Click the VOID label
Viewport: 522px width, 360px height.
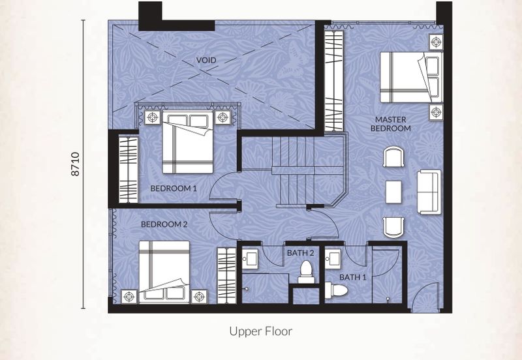pyautogui.click(x=206, y=60)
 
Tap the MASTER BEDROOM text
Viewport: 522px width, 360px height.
pyautogui.click(x=390, y=124)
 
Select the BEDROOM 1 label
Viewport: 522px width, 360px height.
pyautogui.click(x=174, y=188)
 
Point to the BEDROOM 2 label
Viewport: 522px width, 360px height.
pyautogui.click(x=164, y=224)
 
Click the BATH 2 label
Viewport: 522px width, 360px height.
pyautogui.click(x=300, y=253)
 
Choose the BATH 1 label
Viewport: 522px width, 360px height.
pyautogui.click(x=353, y=277)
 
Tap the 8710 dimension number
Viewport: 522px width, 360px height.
pyautogui.click(x=76, y=164)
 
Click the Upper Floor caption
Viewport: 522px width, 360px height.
pyautogui.click(x=260, y=331)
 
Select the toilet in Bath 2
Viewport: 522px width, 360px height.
pyautogui.click(x=306, y=272)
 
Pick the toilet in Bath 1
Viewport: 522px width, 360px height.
pyautogui.click(x=336, y=290)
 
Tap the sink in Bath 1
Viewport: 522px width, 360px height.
pyautogui.click(x=333, y=258)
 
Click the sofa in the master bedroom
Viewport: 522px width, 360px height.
pyautogui.click(x=429, y=192)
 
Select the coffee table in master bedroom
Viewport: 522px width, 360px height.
pyautogui.click(x=394, y=192)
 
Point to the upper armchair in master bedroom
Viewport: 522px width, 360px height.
pyautogui.click(x=393, y=157)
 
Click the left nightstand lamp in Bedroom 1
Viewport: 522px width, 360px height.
pyautogui.click(x=153, y=117)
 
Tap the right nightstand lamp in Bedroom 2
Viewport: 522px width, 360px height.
pyautogui.click(x=199, y=297)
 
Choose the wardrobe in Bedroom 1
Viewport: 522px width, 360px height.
pyautogui.click(x=128, y=170)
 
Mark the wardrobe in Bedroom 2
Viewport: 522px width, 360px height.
pyautogui.click(x=226, y=275)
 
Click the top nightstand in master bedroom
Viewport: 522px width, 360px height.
pyautogui.click(x=436, y=42)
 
